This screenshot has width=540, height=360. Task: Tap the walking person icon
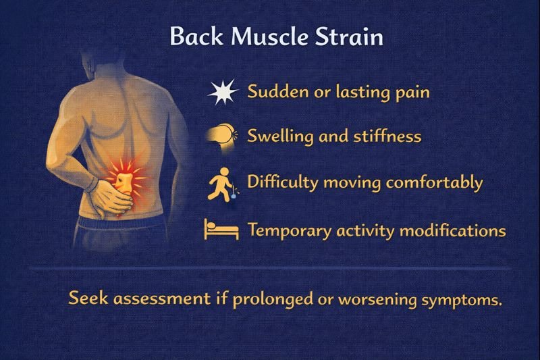(220, 183)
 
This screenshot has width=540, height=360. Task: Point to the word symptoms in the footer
(468, 299)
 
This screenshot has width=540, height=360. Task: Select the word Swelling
(279, 136)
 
